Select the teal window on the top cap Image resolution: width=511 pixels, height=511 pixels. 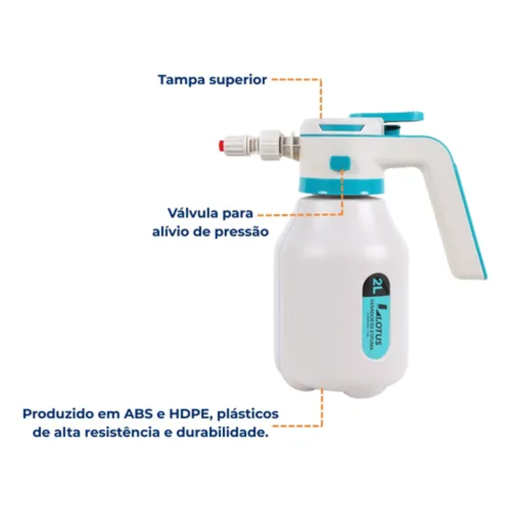tap(342, 127)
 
